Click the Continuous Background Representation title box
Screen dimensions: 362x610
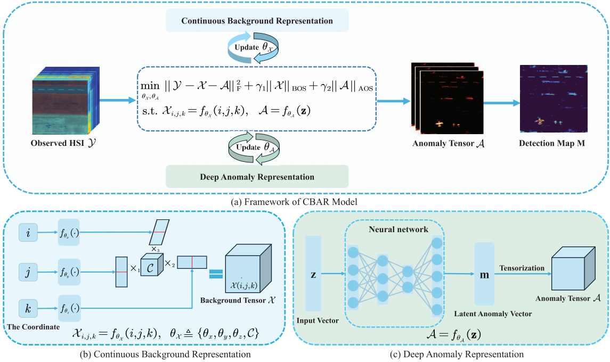point(257,21)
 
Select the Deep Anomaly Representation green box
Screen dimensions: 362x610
point(257,177)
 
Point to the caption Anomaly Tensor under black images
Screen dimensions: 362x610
point(448,144)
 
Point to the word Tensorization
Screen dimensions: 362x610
point(522,268)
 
